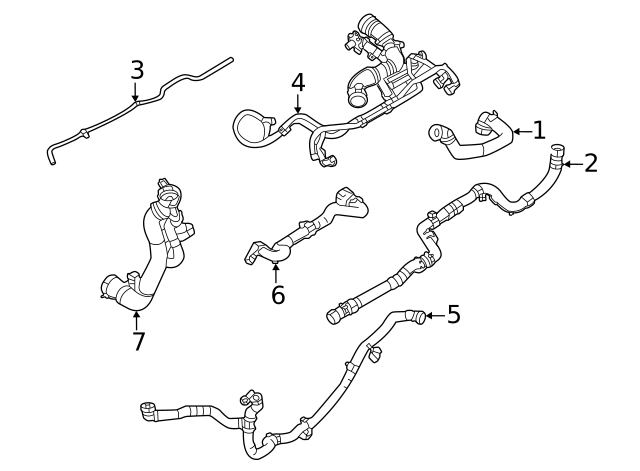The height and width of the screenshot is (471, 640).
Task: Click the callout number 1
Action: point(539,130)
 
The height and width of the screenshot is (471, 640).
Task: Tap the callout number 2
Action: point(590,163)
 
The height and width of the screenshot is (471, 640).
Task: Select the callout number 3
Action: point(137,70)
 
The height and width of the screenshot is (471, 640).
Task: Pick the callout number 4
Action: point(297,81)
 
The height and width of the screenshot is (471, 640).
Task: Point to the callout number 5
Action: point(453,315)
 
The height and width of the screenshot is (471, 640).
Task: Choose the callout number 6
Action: point(278,295)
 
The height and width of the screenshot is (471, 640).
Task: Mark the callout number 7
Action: point(138,341)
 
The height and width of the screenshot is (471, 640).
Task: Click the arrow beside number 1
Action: point(519,130)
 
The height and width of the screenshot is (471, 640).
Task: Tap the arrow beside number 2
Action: point(570,163)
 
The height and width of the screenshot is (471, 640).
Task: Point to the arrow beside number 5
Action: point(434,316)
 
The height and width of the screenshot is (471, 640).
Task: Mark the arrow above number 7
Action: point(137,317)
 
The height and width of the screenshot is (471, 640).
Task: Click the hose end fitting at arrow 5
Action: point(418,318)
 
